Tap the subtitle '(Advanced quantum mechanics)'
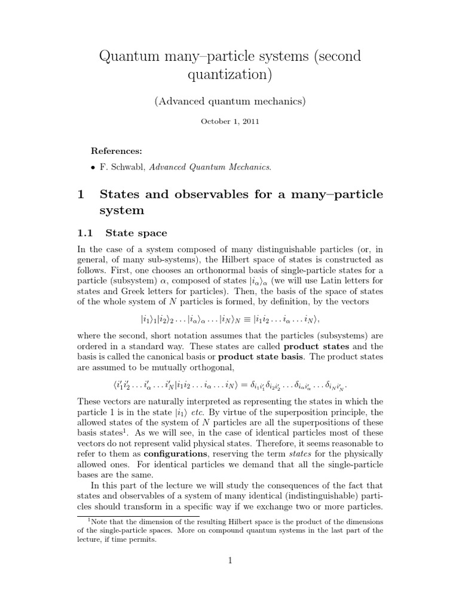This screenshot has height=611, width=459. pos(229,101)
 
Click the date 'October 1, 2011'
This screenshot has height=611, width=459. pos(229,121)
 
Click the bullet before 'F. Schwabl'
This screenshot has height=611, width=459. pos(93,167)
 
